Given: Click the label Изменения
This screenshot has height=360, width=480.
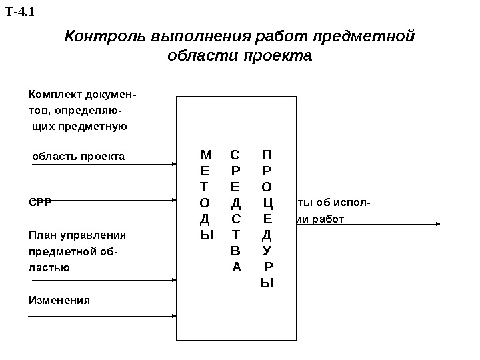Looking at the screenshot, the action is coord(59,300).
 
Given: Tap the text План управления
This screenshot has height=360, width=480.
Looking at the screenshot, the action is coord(77,235).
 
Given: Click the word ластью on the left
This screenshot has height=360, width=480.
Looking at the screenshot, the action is coord(49,267).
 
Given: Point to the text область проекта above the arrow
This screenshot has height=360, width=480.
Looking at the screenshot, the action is coord(79,157).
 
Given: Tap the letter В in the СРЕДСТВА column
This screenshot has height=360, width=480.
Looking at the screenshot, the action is coord(235,251).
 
